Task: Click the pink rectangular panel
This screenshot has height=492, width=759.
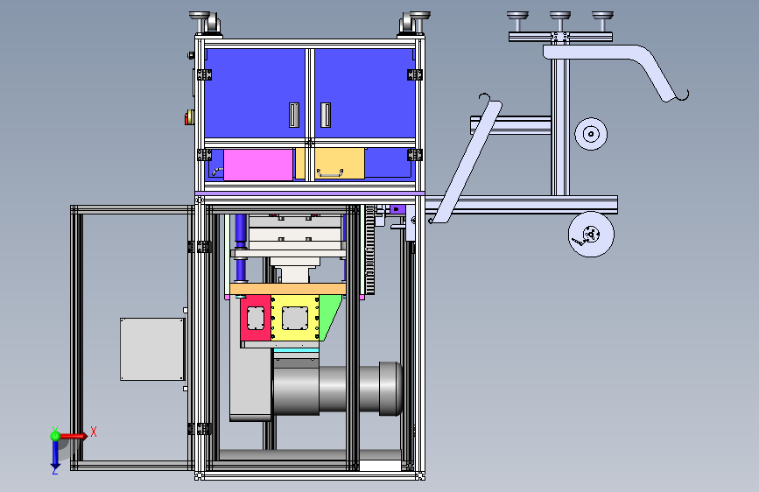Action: pyautogui.click(x=258, y=165)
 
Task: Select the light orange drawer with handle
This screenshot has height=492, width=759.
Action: pyautogui.click(x=330, y=164)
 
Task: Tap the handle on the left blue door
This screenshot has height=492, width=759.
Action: pyautogui.click(x=294, y=116)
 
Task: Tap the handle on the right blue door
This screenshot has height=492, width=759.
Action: pyautogui.click(x=326, y=116)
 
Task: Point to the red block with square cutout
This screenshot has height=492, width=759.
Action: pyautogui.click(x=256, y=318)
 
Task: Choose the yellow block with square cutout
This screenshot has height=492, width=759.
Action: pyautogui.click(x=295, y=318)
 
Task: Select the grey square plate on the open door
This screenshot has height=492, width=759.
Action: pyautogui.click(x=152, y=349)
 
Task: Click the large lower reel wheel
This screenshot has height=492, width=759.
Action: pyautogui.click(x=591, y=235)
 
